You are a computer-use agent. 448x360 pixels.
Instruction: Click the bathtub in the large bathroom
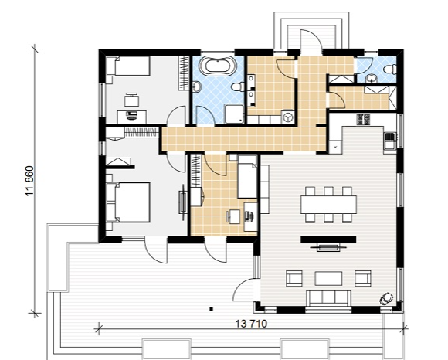pos(219,66)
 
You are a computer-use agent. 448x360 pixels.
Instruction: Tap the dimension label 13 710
pos(252,324)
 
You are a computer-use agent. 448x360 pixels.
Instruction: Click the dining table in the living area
pos(328,205)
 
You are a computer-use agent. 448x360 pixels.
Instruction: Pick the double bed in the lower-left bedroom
pos(128,202)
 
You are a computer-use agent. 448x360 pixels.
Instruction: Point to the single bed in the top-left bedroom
pos(128,66)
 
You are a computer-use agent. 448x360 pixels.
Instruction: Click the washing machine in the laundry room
pos(287,117)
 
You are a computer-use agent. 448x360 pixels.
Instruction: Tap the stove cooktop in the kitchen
pos(363,120)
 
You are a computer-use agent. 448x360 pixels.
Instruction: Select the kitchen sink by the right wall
pos(390,141)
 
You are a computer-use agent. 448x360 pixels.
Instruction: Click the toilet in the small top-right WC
pos(390,69)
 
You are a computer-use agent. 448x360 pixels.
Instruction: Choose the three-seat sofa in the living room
pos(328,298)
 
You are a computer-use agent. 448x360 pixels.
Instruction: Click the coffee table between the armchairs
pos(328,279)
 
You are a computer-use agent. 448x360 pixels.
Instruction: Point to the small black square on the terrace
pos(211,308)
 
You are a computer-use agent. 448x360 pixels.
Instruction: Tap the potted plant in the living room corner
pos(385,299)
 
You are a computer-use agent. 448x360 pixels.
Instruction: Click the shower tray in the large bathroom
pos(234,114)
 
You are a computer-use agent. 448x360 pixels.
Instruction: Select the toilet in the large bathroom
pos(238,87)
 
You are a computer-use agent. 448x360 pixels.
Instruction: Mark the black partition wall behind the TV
pos(328,239)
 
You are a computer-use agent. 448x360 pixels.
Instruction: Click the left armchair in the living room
pos(294,278)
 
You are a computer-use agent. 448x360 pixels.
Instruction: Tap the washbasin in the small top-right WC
pos(372,78)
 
